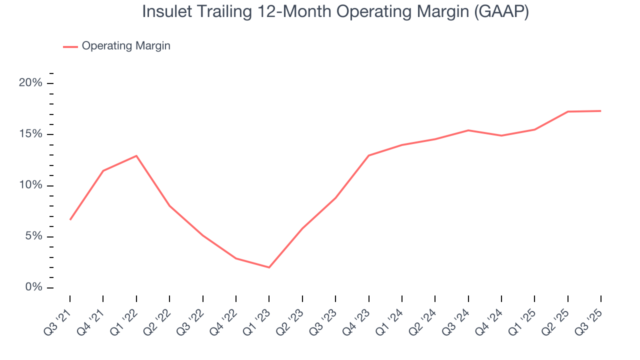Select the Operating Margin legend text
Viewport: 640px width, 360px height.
[126, 46]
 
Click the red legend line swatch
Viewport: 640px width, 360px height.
[70, 46]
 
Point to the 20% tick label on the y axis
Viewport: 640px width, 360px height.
[30, 83]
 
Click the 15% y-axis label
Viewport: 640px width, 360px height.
[30, 134]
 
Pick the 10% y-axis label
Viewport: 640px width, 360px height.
[30, 185]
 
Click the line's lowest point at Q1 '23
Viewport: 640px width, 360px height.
[269, 267]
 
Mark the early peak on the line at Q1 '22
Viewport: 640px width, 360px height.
[136, 155]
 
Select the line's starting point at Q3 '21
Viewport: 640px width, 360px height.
[70, 219]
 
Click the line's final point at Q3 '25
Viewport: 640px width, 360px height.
[600, 111]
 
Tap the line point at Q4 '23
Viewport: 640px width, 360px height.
[368, 155]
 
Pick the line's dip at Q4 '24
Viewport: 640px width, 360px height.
[501, 135]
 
